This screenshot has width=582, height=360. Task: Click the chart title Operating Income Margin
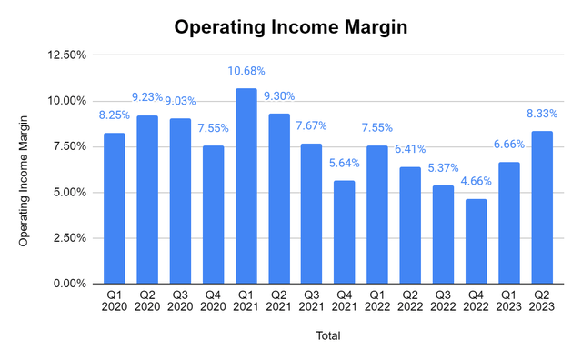click(291, 27)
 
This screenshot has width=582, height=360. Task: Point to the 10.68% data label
click(246, 72)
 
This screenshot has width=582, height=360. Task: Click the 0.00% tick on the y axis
click(70, 284)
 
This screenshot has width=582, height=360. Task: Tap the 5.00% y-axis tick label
click(70, 193)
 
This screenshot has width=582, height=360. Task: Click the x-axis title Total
click(327, 335)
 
